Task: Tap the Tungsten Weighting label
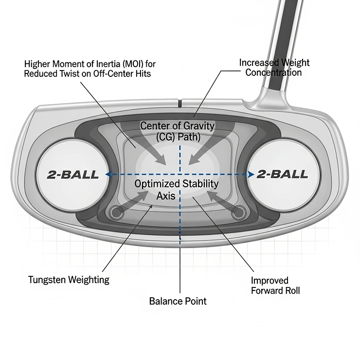tap(69, 279)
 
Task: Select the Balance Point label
tap(178, 301)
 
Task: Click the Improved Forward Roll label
tap(275, 286)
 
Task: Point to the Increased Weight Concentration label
tap(274, 67)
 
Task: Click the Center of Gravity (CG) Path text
tap(178, 131)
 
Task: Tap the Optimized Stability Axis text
tap(176, 190)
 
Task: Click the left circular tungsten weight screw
tap(116, 212)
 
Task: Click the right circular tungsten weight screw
tap(238, 212)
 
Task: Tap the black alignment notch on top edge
tap(180, 104)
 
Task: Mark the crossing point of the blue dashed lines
tap(180, 174)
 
